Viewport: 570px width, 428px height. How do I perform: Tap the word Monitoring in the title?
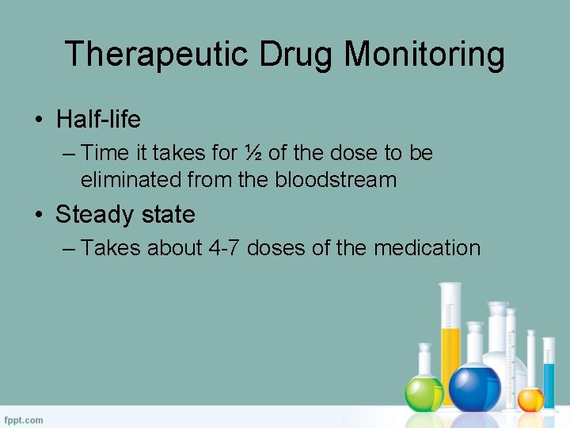[x=424, y=55]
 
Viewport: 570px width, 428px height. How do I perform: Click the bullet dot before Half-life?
[x=37, y=120]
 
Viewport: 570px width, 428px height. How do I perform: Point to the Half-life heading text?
[x=98, y=120]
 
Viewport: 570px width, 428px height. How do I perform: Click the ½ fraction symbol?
[x=253, y=152]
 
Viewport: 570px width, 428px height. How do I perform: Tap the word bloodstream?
[x=336, y=179]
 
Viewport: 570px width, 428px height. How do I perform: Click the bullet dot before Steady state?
[x=37, y=216]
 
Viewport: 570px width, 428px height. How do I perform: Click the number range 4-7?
[x=224, y=248]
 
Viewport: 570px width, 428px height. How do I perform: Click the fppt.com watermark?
[x=24, y=419]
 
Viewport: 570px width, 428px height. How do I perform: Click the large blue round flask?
[x=474, y=387]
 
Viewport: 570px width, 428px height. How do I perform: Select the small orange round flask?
[x=530, y=399]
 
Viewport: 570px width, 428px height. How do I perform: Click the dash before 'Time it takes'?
[x=69, y=152]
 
